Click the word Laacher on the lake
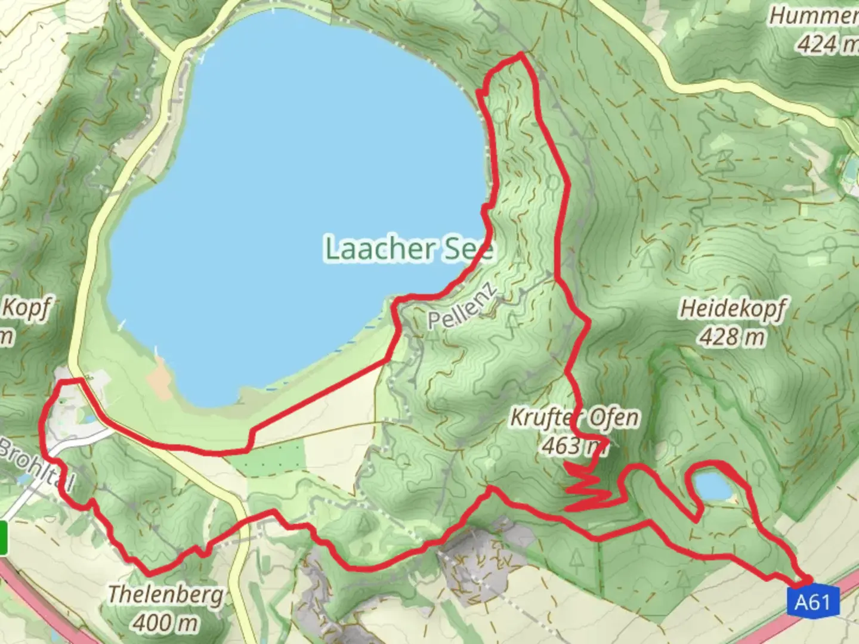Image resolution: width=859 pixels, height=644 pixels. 378,248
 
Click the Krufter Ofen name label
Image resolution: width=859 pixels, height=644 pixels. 574,417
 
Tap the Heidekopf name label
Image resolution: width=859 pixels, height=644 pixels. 733,309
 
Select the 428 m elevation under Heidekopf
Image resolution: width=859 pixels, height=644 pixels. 733,337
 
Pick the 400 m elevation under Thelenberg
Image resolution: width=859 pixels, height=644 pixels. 165,623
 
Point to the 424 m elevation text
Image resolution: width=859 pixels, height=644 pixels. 826,43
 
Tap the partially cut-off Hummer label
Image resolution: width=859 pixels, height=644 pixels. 814,16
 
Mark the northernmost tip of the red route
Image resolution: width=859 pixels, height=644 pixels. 521,55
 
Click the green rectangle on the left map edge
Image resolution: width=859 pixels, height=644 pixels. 4,538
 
